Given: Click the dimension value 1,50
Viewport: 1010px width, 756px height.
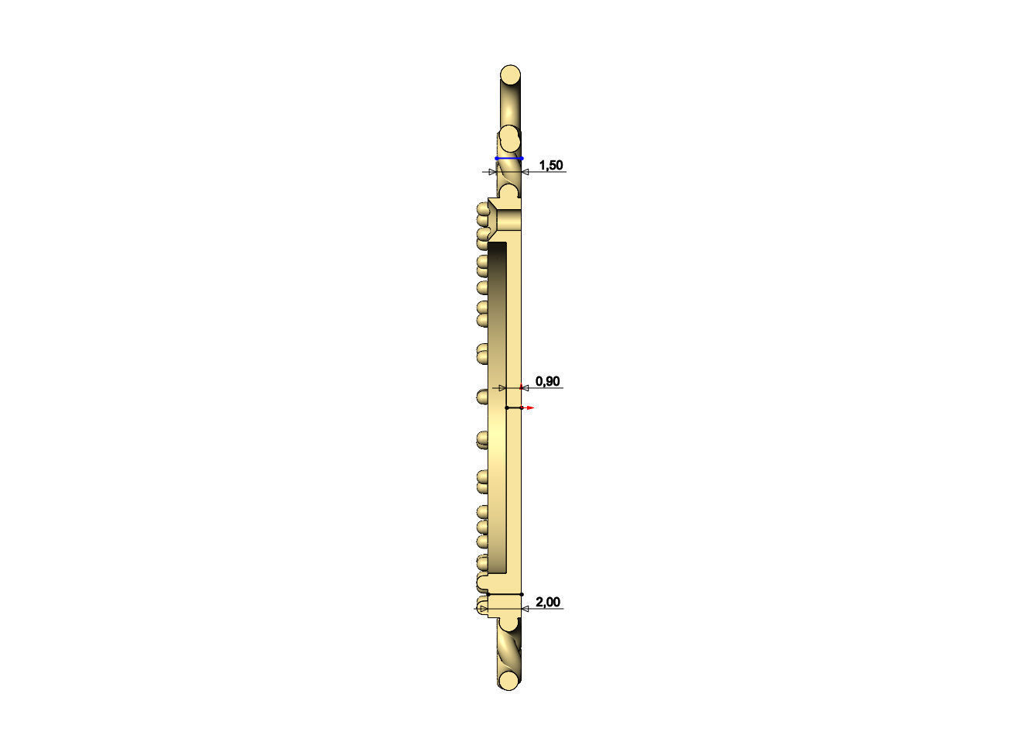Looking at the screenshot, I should (551, 165).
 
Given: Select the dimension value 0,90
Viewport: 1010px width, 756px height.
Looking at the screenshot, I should (548, 381).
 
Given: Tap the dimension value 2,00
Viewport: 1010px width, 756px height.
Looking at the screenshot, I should (548, 602).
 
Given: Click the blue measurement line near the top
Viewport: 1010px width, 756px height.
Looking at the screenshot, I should (509, 158).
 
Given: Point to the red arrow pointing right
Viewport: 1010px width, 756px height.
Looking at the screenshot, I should (529, 407).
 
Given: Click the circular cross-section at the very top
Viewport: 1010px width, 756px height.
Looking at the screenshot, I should (510, 76).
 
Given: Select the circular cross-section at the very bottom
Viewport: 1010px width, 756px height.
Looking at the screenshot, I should (509, 680).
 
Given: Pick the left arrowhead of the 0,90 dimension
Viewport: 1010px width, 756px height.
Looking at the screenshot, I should (502, 387).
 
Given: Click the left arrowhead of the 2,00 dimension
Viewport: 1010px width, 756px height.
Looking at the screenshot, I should (484, 609).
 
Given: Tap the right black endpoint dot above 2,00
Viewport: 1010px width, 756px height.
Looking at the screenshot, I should (522, 594).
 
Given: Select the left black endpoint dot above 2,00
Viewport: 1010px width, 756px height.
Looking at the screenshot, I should (488, 594).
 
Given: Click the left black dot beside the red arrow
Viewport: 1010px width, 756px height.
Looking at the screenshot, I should (506, 407).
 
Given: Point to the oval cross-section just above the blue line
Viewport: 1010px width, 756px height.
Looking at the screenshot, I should (509, 140).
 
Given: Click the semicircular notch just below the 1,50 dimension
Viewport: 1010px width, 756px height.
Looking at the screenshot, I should (509, 191).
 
